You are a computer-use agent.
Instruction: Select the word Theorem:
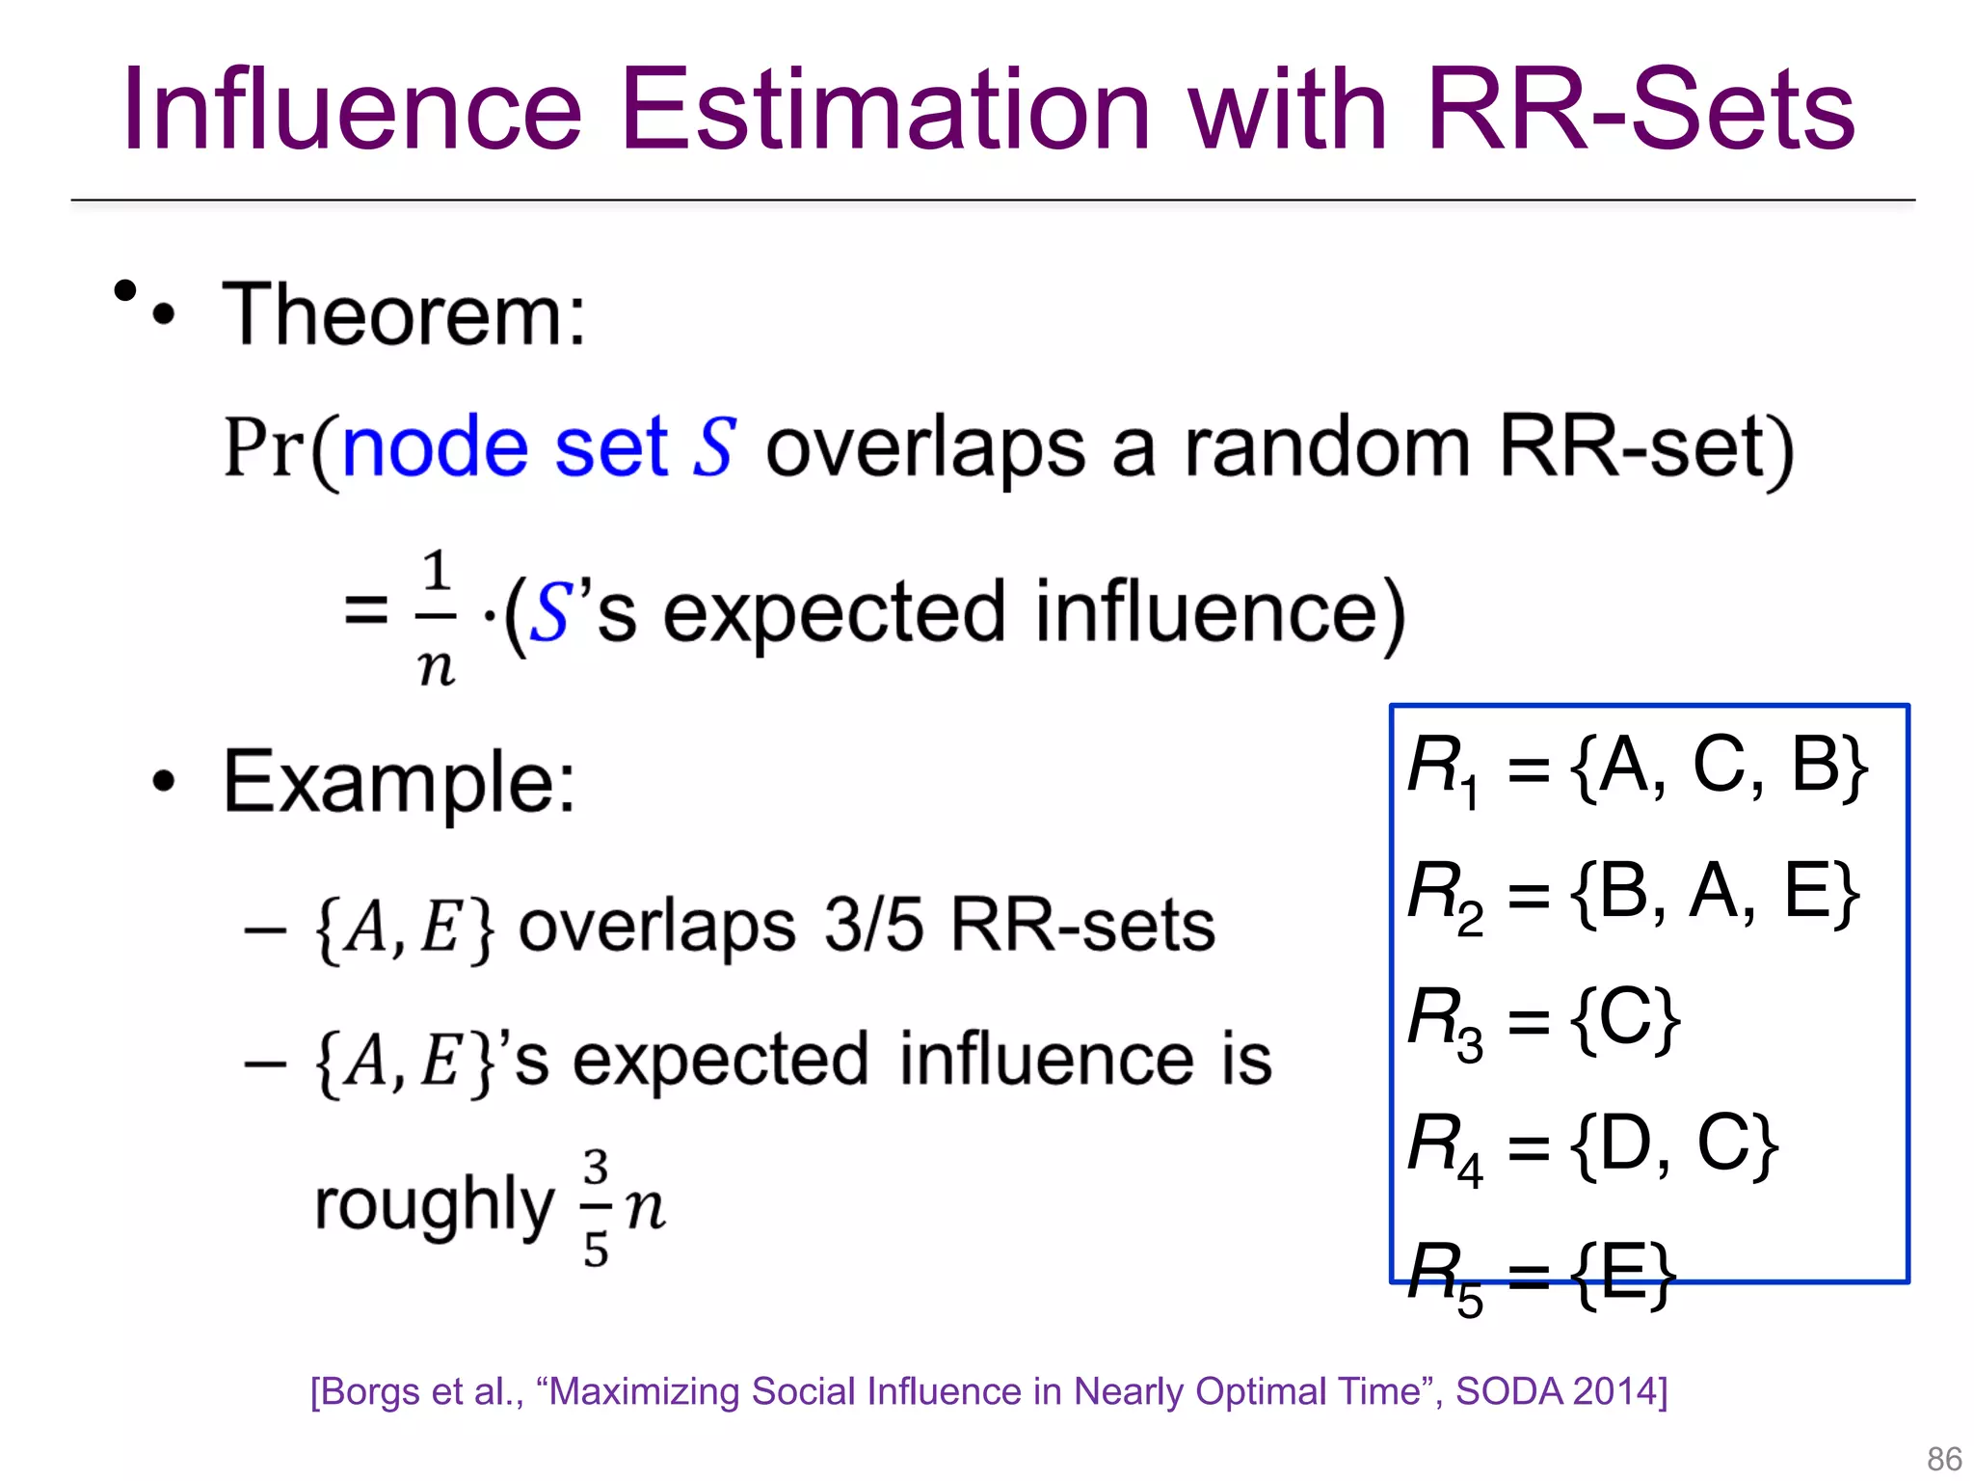coord(404,314)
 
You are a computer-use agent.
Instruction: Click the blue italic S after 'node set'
coord(714,447)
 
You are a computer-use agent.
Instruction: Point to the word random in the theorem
coord(1326,447)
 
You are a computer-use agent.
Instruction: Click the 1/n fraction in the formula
coord(437,615)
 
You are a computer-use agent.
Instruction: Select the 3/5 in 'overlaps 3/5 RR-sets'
coord(873,925)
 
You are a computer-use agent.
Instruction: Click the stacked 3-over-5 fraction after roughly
coord(596,1207)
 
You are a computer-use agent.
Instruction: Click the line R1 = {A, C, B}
coord(1636,767)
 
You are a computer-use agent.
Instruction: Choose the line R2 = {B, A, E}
coord(1632,893)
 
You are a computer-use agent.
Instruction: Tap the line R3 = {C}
coord(1543,1019)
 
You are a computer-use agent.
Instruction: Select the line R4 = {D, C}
coord(1591,1145)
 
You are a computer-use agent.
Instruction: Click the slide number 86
coord(1943,1458)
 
